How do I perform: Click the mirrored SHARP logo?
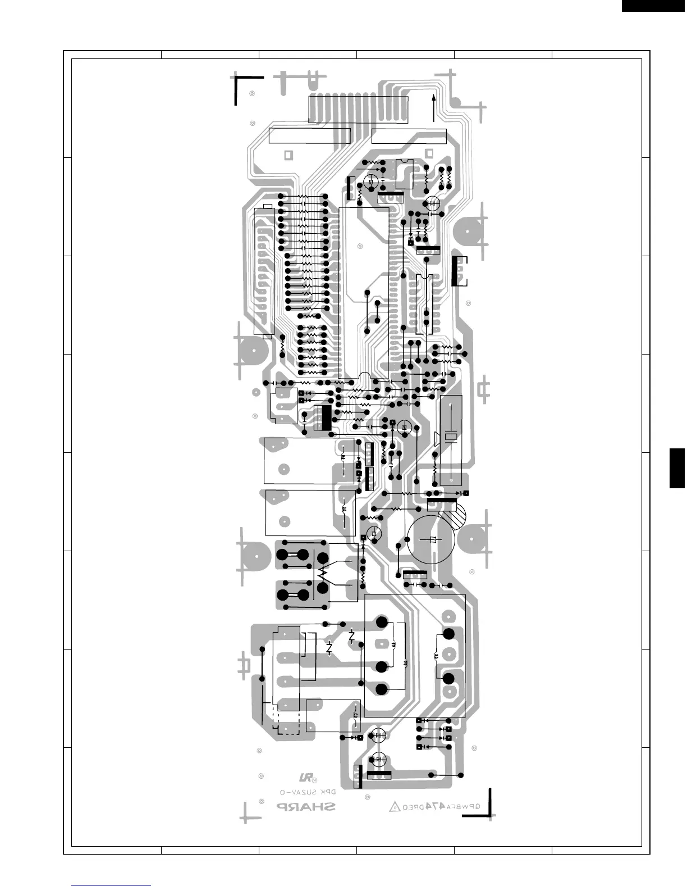305,807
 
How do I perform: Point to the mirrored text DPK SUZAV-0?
308,792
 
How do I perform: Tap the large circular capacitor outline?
431,540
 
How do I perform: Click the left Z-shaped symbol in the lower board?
329,648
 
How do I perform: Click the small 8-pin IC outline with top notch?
405,174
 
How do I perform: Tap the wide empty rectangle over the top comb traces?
358,109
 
